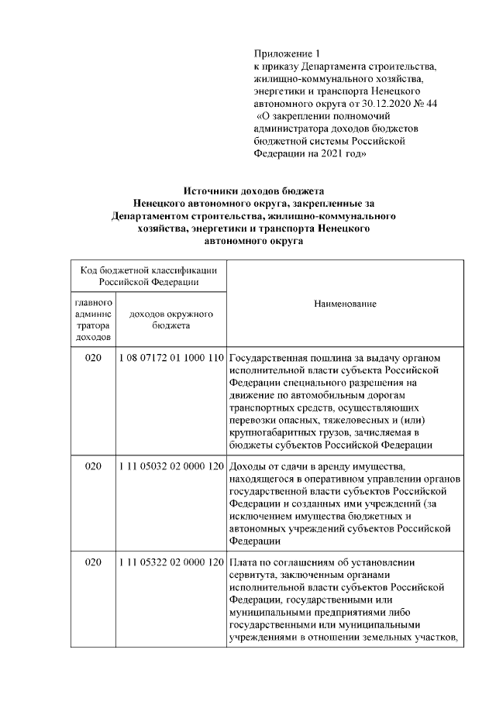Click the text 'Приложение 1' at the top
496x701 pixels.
coord(286,53)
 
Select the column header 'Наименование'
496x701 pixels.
coord(345,304)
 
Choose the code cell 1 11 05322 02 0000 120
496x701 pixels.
coord(171,562)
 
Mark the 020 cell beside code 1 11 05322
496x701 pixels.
coord(93,562)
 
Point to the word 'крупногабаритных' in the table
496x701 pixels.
coord(270,431)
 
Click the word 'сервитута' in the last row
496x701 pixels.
coord(253,574)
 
